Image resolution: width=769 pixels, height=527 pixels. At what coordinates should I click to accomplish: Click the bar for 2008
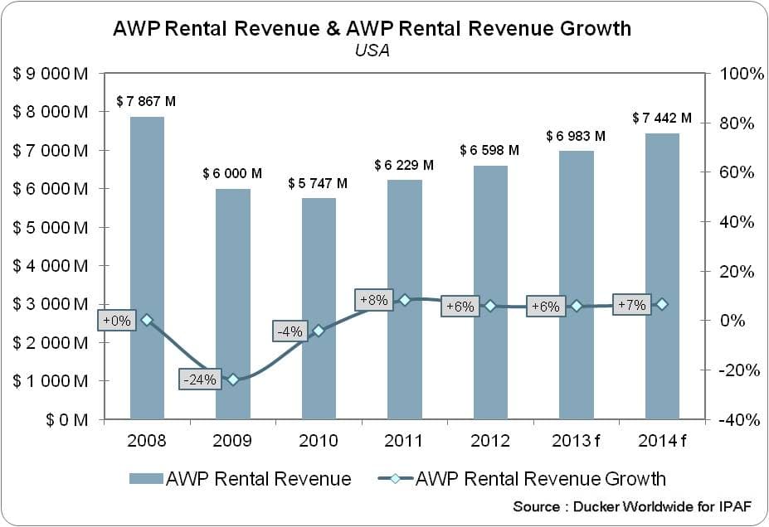click(x=147, y=268)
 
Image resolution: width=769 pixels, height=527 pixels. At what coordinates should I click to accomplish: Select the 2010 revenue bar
click(x=319, y=308)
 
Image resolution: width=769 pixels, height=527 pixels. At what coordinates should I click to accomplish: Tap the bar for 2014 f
click(x=662, y=276)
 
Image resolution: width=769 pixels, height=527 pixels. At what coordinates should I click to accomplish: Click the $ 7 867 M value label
click(x=146, y=101)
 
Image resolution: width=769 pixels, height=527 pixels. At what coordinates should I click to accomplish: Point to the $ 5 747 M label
click(x=318, y=184)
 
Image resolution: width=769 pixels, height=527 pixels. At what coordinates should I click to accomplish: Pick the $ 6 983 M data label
click(x=576, y=136)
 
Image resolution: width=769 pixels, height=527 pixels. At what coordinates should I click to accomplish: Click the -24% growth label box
click(x=200, y=380)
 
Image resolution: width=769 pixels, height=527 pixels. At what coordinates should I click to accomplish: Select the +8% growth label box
click(x=374, y=300)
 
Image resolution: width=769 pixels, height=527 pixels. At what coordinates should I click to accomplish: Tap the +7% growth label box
click(x=631, y=305)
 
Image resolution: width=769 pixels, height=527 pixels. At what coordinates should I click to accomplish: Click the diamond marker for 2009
click(x=233, y=380)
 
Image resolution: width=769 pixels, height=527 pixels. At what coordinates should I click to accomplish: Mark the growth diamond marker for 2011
click(x=405, y=300)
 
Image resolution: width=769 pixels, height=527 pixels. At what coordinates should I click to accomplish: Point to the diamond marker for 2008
click(x=147, y=321)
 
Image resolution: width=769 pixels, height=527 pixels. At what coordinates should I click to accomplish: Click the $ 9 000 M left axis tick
click(x=50, y=74)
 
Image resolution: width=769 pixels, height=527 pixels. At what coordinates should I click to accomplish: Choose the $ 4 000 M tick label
click(x=50, y=266)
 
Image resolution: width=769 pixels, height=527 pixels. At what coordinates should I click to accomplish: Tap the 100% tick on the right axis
click(x=742, y=74)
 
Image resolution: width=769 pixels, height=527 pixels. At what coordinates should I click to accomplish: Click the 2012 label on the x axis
click(x=490, y=441)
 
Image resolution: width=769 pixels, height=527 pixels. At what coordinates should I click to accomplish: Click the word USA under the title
click(x=372, y=50)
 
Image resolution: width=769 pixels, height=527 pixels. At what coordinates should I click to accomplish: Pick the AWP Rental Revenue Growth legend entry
click(x=523, y=478)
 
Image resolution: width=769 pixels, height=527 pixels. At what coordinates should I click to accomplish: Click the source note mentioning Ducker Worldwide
click(x=632, y=506)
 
